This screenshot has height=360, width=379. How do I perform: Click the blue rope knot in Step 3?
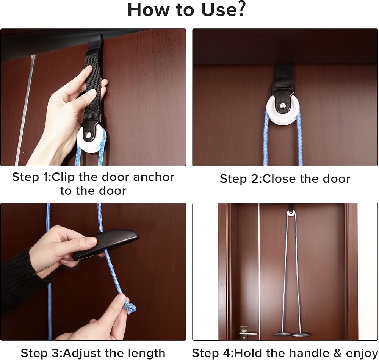click(x=130, y=307)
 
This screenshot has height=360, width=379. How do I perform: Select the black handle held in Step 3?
click(x=106, y=244)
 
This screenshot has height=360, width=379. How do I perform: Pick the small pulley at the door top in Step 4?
click(x=291, y=213)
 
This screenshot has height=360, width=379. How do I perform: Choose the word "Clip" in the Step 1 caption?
click(x=63, y=177)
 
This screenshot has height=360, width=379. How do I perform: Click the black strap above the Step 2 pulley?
click(x=283, y=74)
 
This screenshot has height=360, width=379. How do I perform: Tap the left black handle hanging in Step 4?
click(x=282, y=334)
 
